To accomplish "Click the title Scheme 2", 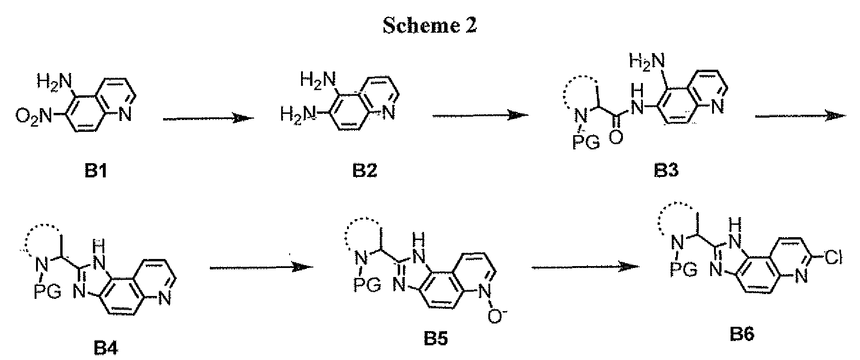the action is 429,26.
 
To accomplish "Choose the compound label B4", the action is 103,349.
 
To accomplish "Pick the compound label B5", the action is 436,340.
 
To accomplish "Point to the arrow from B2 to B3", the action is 480,115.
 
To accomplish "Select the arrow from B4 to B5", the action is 262,268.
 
